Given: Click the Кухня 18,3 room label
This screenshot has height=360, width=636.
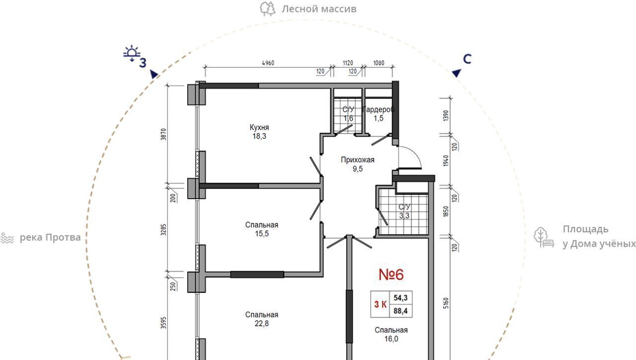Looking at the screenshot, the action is pyautogui.click(x=259, y=132).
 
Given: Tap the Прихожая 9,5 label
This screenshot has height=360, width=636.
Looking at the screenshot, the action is pyautogui.click(x=357, y=164).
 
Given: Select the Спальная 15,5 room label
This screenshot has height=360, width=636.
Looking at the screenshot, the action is pyautogui.click(x=261, y=229).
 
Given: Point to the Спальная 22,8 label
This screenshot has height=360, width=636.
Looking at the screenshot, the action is pyautogui.click(x=261, y=319).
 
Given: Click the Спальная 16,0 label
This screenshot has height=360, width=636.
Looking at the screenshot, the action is pyautogui.click(x=391, y=334).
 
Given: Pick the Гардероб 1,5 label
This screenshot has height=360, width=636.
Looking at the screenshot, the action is pyautogui.click(x=379, y=114).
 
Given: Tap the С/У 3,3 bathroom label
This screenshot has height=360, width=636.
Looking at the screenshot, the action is pyautogui.click(x=404, y=211).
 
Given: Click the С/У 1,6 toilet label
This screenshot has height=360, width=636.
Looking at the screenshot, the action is pyautogui.click(x=348, y=114).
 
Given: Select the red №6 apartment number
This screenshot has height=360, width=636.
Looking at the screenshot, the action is pyautogui.click(x=391, y=274).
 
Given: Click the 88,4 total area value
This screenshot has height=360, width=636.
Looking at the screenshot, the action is pyautogui.click(x=400, y=311).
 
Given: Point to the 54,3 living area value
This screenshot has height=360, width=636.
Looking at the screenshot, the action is pyautogui.click(x=400, y=297).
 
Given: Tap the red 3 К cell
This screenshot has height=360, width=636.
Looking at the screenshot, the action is pyautogui.click(x=380, y=304).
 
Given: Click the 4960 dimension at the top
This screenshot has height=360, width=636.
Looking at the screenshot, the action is pyautogui.click(x=268, y=63).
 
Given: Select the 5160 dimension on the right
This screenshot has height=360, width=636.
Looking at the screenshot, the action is pyautogui.click(x=446, y=303).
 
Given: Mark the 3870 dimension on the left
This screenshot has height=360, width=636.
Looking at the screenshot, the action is pyautogui.click(x=163, y=134).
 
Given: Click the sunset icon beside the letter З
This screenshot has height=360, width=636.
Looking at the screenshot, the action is pyautogui.click(x=132, y=53).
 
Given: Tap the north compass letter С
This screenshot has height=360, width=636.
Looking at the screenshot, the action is pyautogui.click(x=467, y=59).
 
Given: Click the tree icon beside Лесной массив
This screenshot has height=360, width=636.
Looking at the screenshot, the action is pyautogui.click(x=267, y=9).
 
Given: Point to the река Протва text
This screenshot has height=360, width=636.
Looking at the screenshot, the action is pyautogui.click(x=50, y=237).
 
